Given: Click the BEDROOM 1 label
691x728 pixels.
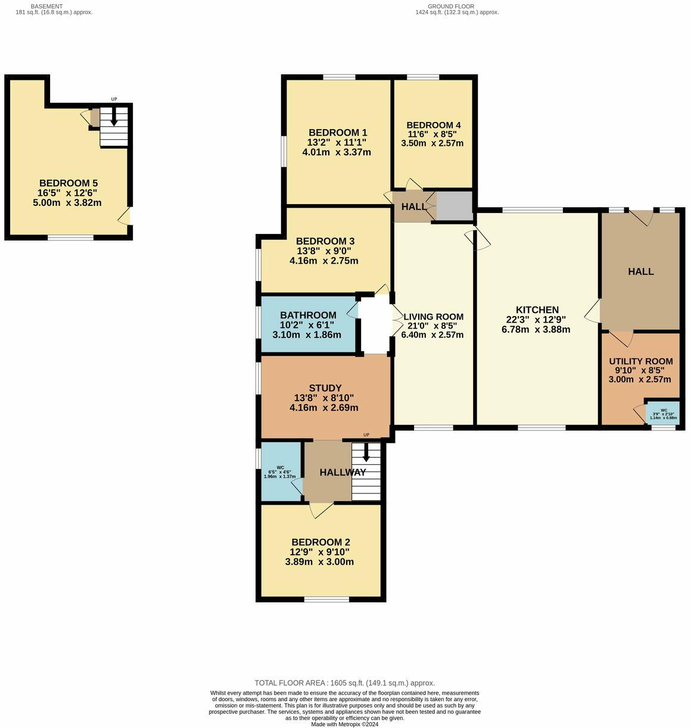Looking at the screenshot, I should pos(337,133).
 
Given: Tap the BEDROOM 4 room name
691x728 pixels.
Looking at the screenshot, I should pos(434,125).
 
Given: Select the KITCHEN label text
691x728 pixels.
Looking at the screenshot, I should pos(537,310).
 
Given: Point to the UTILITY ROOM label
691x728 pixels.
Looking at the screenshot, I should pos(640,361).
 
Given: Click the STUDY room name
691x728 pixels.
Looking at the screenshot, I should pos(325,389).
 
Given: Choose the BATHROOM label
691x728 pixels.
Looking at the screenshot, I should pos(308,315).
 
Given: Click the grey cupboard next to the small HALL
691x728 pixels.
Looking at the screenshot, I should pos(455,205).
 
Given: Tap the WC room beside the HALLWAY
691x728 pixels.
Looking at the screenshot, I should pos(281,472).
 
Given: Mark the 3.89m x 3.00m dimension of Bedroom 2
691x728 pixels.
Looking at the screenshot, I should pos(319,562).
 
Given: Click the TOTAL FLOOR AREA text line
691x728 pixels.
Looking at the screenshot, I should pos(344,683).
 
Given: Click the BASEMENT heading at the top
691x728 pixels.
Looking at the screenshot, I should pos(46,6).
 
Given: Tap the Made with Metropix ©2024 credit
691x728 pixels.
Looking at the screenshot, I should pos(344,724).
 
